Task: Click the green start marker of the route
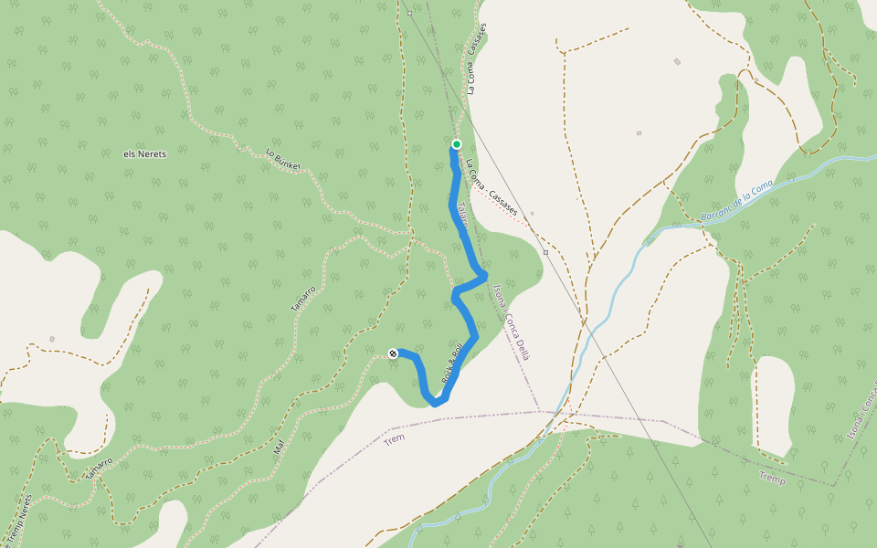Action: [456, 144]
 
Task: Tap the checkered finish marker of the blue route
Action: [393, 353]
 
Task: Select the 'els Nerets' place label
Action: [144, 154]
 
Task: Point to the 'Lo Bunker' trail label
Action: [283, 159]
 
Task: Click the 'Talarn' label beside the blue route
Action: [461, 215]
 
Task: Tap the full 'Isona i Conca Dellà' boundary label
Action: [512, 321]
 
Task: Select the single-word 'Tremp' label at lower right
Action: [772, 478]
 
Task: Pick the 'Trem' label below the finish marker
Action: [394, 439]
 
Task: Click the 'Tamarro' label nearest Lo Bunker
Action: [303, 300]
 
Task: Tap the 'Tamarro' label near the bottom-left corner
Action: [98, 469]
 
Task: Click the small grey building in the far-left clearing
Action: [52, 340]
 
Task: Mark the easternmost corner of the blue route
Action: [484, 274]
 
